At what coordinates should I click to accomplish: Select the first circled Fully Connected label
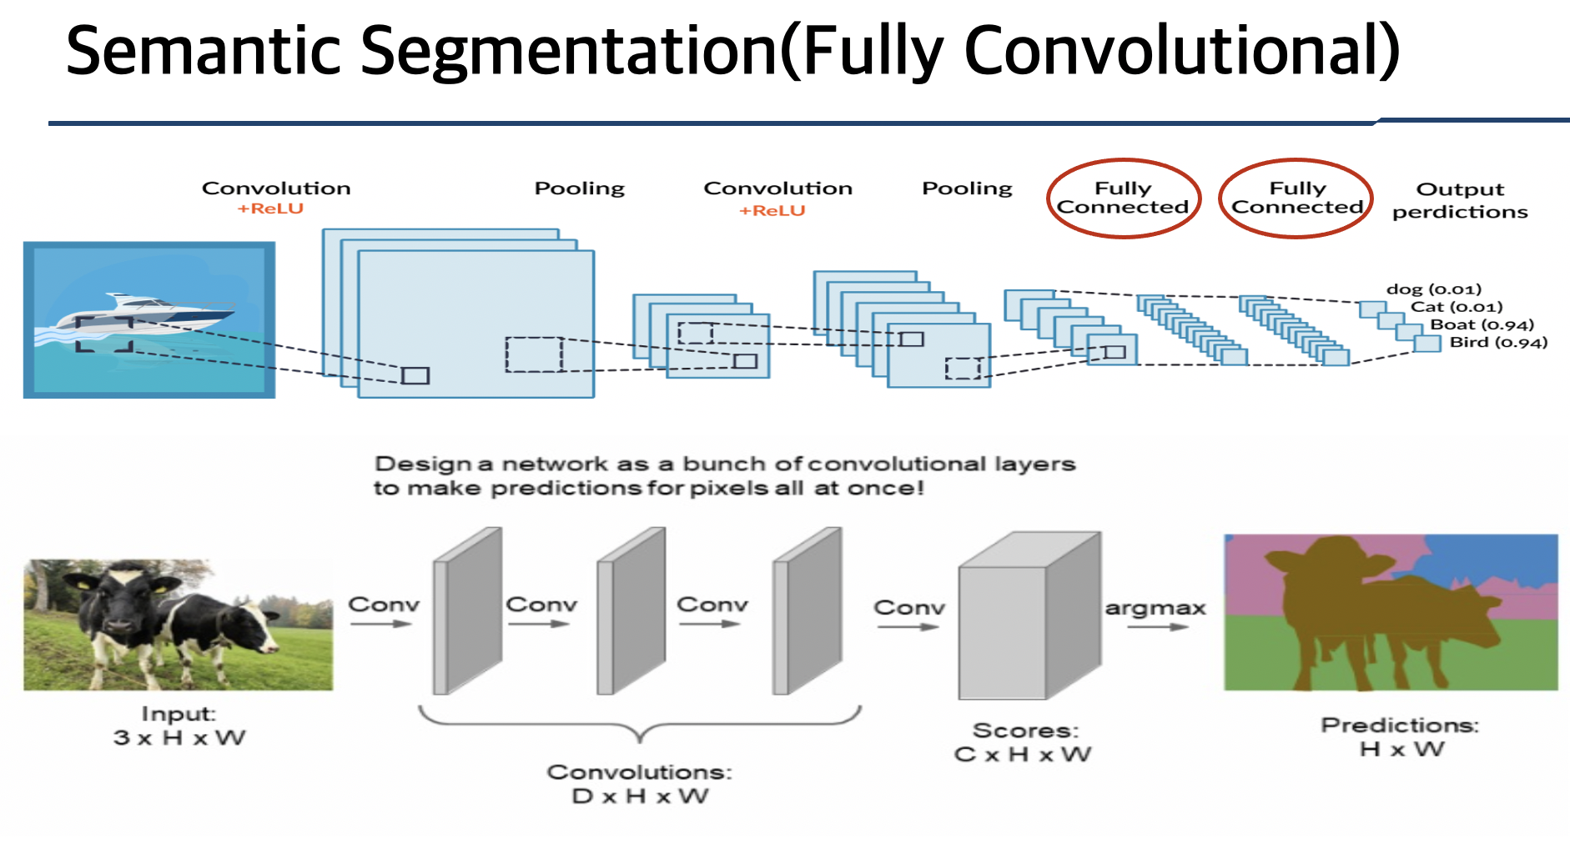(x=1123, y=198)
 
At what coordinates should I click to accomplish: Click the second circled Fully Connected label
(x=1296, y=198)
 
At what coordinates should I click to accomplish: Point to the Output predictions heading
(x=1460, y=201)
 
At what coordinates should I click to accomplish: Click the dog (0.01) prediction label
(x=1433, y=289)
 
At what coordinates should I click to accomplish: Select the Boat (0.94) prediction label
(x=1482, y=324)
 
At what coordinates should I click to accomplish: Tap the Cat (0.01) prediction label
(x=1456, y=307)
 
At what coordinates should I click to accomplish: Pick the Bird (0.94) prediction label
(x=1497, y=342)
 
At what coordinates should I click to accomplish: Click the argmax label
(x=1155, y=608)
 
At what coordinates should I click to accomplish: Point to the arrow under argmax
(x=1158, y=627)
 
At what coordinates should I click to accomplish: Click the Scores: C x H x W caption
(x=1024, y=742)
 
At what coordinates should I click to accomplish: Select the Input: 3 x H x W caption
(x=179, y=726)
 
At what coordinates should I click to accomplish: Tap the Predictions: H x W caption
(x=1400, y=737)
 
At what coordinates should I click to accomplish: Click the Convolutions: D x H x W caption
(x=639, y=784)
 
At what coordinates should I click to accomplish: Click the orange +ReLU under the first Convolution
(x=270, y=208)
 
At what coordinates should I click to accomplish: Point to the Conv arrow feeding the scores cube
(x=908, y=626)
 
